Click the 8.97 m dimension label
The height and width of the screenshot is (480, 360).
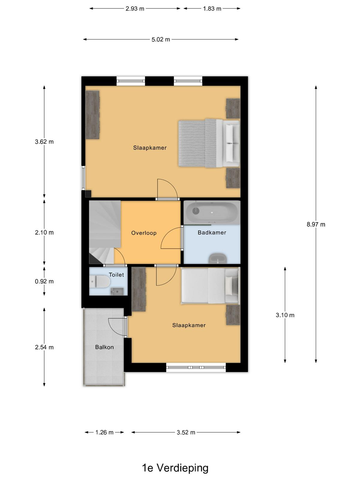(x=316, y=224)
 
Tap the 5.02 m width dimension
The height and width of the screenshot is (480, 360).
(x=161, y=39)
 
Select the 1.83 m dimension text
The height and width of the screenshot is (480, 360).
(x=212, y=8)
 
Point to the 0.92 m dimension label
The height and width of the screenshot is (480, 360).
(x=44, y=281)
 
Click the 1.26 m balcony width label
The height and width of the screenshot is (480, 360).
(x=104, y=432)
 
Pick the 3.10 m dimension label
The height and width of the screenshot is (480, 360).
(x=285, y=315)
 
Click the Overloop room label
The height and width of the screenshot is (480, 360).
(x=144, y=233)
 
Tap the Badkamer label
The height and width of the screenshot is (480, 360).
(x=212, y=232)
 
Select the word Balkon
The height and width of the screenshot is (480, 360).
(x=104, y=347)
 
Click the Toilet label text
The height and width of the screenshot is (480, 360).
(x=116, y=275)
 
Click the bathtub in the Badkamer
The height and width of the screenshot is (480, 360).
(x=212, y=212)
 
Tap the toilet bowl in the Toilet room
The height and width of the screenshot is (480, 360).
(x=100, y=281)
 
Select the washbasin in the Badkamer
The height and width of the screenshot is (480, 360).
(x=217, y=258)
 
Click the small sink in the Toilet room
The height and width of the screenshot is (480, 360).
(x=117, y=292)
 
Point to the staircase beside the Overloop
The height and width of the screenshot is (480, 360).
(x=105, y=232)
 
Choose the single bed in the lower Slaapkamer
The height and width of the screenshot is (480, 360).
(x=211, y=286)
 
